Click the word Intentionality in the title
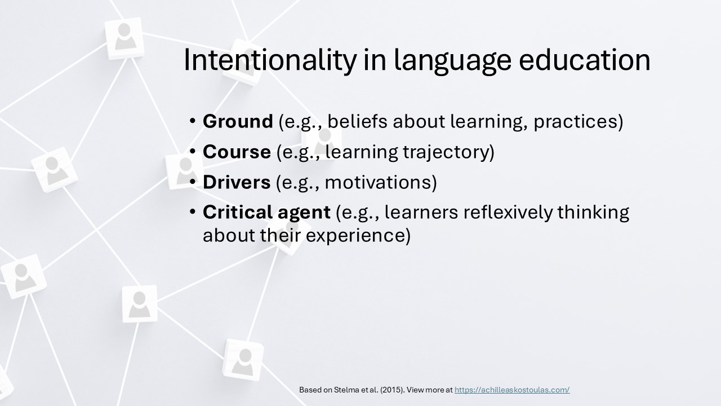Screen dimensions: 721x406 tap(270, 60)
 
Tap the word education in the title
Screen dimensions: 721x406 tap(585, 60)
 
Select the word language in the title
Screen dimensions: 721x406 tap(452, 61)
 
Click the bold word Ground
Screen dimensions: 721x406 tap(238, 121)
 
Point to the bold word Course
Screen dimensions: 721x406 tap(237, 152)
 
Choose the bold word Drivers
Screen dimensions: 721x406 tap(237, 182)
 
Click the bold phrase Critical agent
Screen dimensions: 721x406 tap(266, 213)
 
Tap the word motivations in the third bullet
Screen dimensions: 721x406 tap(381, 182)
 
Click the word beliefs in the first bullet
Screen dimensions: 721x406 tap(357, 121)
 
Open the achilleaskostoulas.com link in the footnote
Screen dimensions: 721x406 tap(512, 390)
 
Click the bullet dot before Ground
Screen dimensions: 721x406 tap(193, 121)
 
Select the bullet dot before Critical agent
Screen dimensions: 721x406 tap(193, 212)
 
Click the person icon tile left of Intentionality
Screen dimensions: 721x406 tap(124, 38)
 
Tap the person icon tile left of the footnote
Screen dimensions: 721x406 tap(243, 359)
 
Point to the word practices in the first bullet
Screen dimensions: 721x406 tap(578, 122)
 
